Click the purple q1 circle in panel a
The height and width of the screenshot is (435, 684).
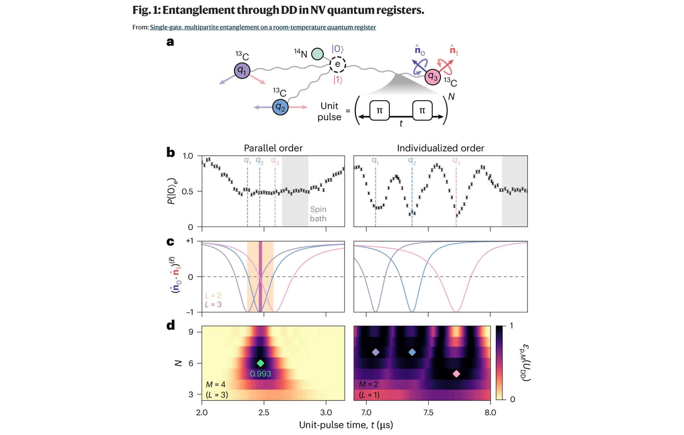click(242, 70)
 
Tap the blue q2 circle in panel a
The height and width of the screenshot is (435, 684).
click(280, 107)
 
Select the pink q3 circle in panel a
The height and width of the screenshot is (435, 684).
click(433, 76)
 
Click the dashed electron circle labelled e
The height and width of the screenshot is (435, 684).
click(338, 64)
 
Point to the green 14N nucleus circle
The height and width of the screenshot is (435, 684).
click(317, 54)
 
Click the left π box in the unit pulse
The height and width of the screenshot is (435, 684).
click(380, 110)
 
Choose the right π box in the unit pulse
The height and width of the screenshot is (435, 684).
click(422, 110)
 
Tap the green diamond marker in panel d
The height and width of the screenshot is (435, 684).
click(261, 363)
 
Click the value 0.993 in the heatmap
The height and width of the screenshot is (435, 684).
click(261, 374)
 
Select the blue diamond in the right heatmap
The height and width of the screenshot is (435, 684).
click(412, 352)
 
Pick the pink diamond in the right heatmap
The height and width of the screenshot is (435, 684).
click(456, 374)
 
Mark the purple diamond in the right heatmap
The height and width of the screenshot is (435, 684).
click(376, 352)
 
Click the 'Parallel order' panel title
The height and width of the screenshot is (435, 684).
click(273, 148)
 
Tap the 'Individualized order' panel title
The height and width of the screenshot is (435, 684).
click(441, 148)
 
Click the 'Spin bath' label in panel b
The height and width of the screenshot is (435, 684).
click(318, 214)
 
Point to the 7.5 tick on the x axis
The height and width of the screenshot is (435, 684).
click(428, 413)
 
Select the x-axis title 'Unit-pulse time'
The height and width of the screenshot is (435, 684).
click(334, 425)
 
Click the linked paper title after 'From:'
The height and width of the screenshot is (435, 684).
click(263, 27)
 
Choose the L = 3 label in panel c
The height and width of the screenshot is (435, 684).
click(213, 304)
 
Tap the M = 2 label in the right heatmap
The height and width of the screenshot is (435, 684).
click(368, 384)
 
